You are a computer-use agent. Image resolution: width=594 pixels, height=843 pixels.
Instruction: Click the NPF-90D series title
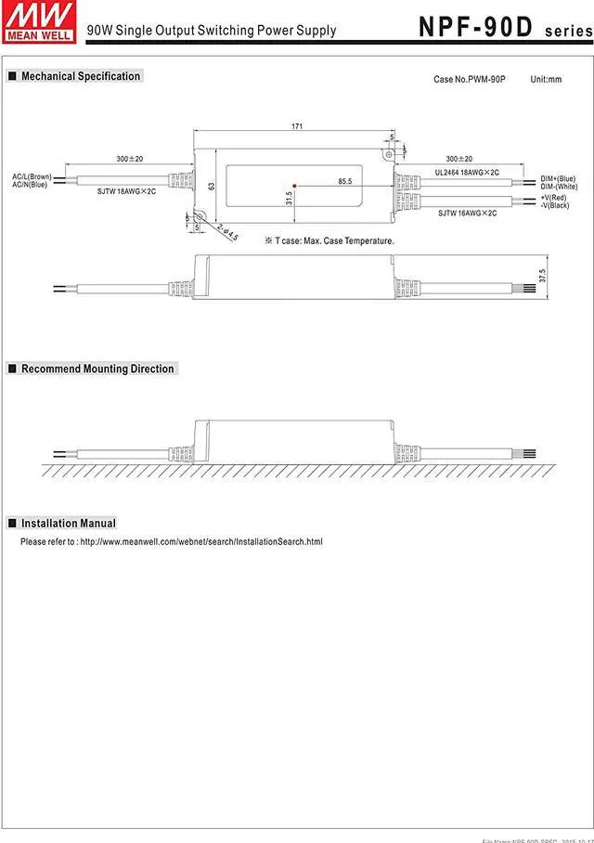tap(501, 26)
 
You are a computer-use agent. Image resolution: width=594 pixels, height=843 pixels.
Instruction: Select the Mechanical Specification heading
tap(81, 76)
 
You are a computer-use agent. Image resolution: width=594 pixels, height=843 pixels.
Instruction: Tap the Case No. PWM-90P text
tap(470, 80)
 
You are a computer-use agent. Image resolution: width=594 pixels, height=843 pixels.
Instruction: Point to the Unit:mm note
tap(546, 80)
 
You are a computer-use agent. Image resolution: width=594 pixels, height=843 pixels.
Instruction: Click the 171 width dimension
tap(297, 126)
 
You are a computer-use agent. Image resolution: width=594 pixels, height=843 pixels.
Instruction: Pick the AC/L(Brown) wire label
tap(31, 176)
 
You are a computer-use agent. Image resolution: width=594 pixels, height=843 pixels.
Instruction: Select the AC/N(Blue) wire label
tap(30, 185)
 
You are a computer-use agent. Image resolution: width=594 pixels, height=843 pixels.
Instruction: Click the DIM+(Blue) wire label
tap(558, 178)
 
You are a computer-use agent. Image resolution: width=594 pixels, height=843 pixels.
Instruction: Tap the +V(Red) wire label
tap(555, 198)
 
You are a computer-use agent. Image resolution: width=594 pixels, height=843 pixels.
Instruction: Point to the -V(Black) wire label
tap(555, 205)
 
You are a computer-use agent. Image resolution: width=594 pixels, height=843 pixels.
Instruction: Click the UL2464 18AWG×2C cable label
tap(467, 173)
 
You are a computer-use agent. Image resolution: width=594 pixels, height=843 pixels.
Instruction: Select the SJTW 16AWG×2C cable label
tap(467, 214)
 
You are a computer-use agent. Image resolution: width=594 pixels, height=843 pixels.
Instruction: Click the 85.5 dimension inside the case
tap(344, 181)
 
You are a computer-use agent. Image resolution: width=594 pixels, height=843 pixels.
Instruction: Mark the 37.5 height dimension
tap(542, 276)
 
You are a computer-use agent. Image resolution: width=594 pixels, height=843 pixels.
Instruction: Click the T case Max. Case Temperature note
tap(329, 241)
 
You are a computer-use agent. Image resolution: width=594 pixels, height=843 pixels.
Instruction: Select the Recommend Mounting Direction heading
tap(97, 369)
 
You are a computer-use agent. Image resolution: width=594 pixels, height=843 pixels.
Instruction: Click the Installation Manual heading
tap(68, 524)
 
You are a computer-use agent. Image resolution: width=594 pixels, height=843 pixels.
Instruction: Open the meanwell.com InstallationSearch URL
tap(201, 541)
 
